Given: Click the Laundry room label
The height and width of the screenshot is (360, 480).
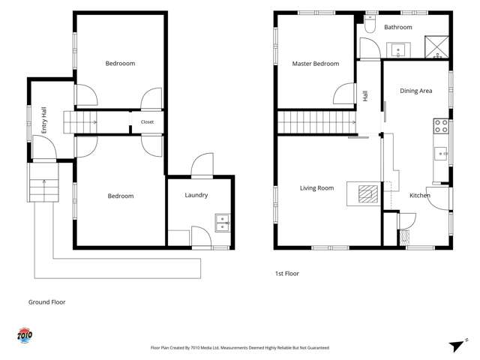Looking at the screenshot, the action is pos(196,195).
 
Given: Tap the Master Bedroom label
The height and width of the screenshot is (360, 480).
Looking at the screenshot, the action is pos(316,64).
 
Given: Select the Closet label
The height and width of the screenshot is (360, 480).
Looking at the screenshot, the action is pos(147,121).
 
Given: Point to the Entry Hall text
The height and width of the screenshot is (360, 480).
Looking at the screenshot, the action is pos(44,120).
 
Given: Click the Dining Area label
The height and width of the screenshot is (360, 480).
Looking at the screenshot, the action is pos(416,91).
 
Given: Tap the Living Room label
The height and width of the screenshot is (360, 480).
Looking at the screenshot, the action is pos(316,188).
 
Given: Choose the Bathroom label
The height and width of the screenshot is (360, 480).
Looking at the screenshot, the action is pos(398,27).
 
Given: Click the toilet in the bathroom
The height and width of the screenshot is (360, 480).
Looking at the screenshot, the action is pos(370,24).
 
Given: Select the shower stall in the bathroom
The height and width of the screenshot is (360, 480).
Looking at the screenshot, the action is pos(436,46).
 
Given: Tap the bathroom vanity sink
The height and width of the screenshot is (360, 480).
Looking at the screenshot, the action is pos(398,50).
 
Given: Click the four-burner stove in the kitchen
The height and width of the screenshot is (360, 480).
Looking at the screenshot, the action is pos(441,126).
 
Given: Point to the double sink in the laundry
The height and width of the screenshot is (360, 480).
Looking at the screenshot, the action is pos(223,223).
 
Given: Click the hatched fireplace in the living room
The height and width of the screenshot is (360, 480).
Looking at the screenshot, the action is pos(368,194).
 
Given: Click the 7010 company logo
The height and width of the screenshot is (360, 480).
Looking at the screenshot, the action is pos(25,336).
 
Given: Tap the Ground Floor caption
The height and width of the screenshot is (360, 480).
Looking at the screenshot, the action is pos(46,302).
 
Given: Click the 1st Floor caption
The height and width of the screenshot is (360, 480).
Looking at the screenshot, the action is pos(287,274).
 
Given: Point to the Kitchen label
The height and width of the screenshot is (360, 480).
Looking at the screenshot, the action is pos(420,195).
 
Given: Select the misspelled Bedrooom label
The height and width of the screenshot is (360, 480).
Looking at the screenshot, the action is pos(120,63).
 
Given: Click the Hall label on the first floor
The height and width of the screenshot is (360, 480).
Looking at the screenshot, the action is pos(365,96).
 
